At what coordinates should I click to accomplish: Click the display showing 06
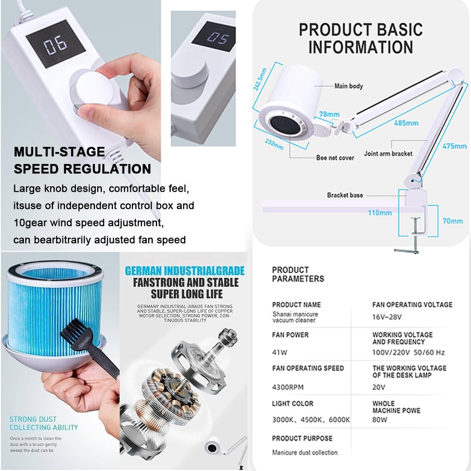pos(56,44)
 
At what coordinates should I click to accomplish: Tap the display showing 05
pos(214,37)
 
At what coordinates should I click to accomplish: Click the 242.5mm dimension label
pos(260,79)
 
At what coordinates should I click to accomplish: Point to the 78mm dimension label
pos(329,114)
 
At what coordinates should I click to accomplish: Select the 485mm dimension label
pos(406,122)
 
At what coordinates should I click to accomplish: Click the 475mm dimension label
pos(454,146)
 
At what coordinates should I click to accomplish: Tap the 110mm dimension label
pos(380,213)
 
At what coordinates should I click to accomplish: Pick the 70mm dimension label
pos(453,221)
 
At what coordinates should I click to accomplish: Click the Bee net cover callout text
pos(335,158)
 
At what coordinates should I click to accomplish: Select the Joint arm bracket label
pos(388,153)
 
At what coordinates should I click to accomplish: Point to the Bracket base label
pos(345,195)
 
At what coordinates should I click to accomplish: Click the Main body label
pos(349,86)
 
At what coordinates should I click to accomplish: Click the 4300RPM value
pos(288,387)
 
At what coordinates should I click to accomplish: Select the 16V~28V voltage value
pos(387,317)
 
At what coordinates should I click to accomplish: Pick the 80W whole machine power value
pos(380,420)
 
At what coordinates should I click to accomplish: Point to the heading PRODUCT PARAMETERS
pos(298,274)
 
